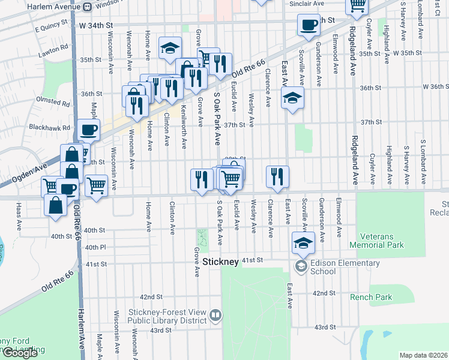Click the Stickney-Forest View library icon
coord(215,314)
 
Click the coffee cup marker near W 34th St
coord(309,25)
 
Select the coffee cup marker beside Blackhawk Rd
coord(89,130)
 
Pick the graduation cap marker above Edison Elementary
coord(303,244)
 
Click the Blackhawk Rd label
coord(49,127)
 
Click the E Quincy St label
coord(48,28)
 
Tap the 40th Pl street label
coord(95,247)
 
